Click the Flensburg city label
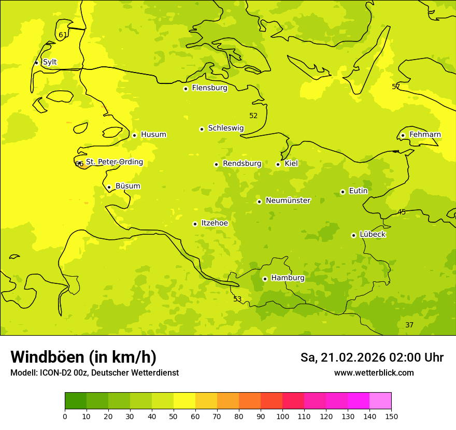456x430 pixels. pyautogui.click(x=209, y=88)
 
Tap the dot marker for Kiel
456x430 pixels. pyautogui.click(x=278, y=164)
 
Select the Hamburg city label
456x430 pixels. pyautogui.click(x=288, y=278)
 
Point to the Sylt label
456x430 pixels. pyautogui.click(x=50, y=62)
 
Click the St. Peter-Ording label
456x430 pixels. pyautogui.click(x=114, y=162)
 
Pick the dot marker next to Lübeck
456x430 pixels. pyautogui.click(x=353, y=235)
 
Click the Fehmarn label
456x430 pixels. pyautogui.click(x=425, y=135)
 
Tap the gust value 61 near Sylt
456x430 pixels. pyautogui.click(x=63, y=35)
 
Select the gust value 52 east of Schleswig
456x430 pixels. pyautogui.click(x=253, y=116)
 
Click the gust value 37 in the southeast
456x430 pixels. pyautogui.click(x=409, y=325)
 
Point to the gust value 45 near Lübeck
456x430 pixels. pyautogui.click(x=402, y=212)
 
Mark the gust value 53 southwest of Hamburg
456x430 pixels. pyautogui.click(x=237, y=299)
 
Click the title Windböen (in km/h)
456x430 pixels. pyautogui.click(x=83, y=357)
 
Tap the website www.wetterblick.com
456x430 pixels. pyautogui.click(x=374, y=373)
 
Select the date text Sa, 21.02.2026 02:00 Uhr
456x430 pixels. pyautogui.click(x=372, y=357)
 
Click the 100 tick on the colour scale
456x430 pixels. pyautogui.click(x=282, y=416)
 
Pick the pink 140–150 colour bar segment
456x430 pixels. pyautogui.click(x=380, y=401)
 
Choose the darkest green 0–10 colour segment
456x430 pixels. pyautogui.click(x=76, y=401)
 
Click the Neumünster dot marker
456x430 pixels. pyautogui.click(x=259, y=202)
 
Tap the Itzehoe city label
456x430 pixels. pyautogui.click(x=215, y=223)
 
